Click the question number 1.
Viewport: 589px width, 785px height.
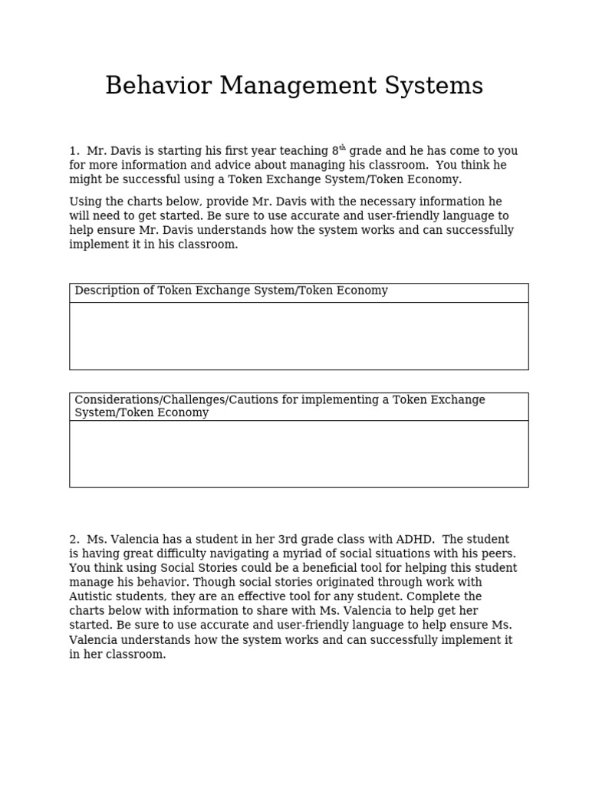[x=74, y=151]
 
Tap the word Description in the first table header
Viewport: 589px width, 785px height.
[x=107, y=291]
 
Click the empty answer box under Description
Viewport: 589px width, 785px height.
[x=298, y=336]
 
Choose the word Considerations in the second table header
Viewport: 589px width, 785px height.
[x=115, y=400]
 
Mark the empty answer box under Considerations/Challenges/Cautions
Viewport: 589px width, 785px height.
[x=298, y=453]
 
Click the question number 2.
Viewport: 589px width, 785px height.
[x=74, y=540]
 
